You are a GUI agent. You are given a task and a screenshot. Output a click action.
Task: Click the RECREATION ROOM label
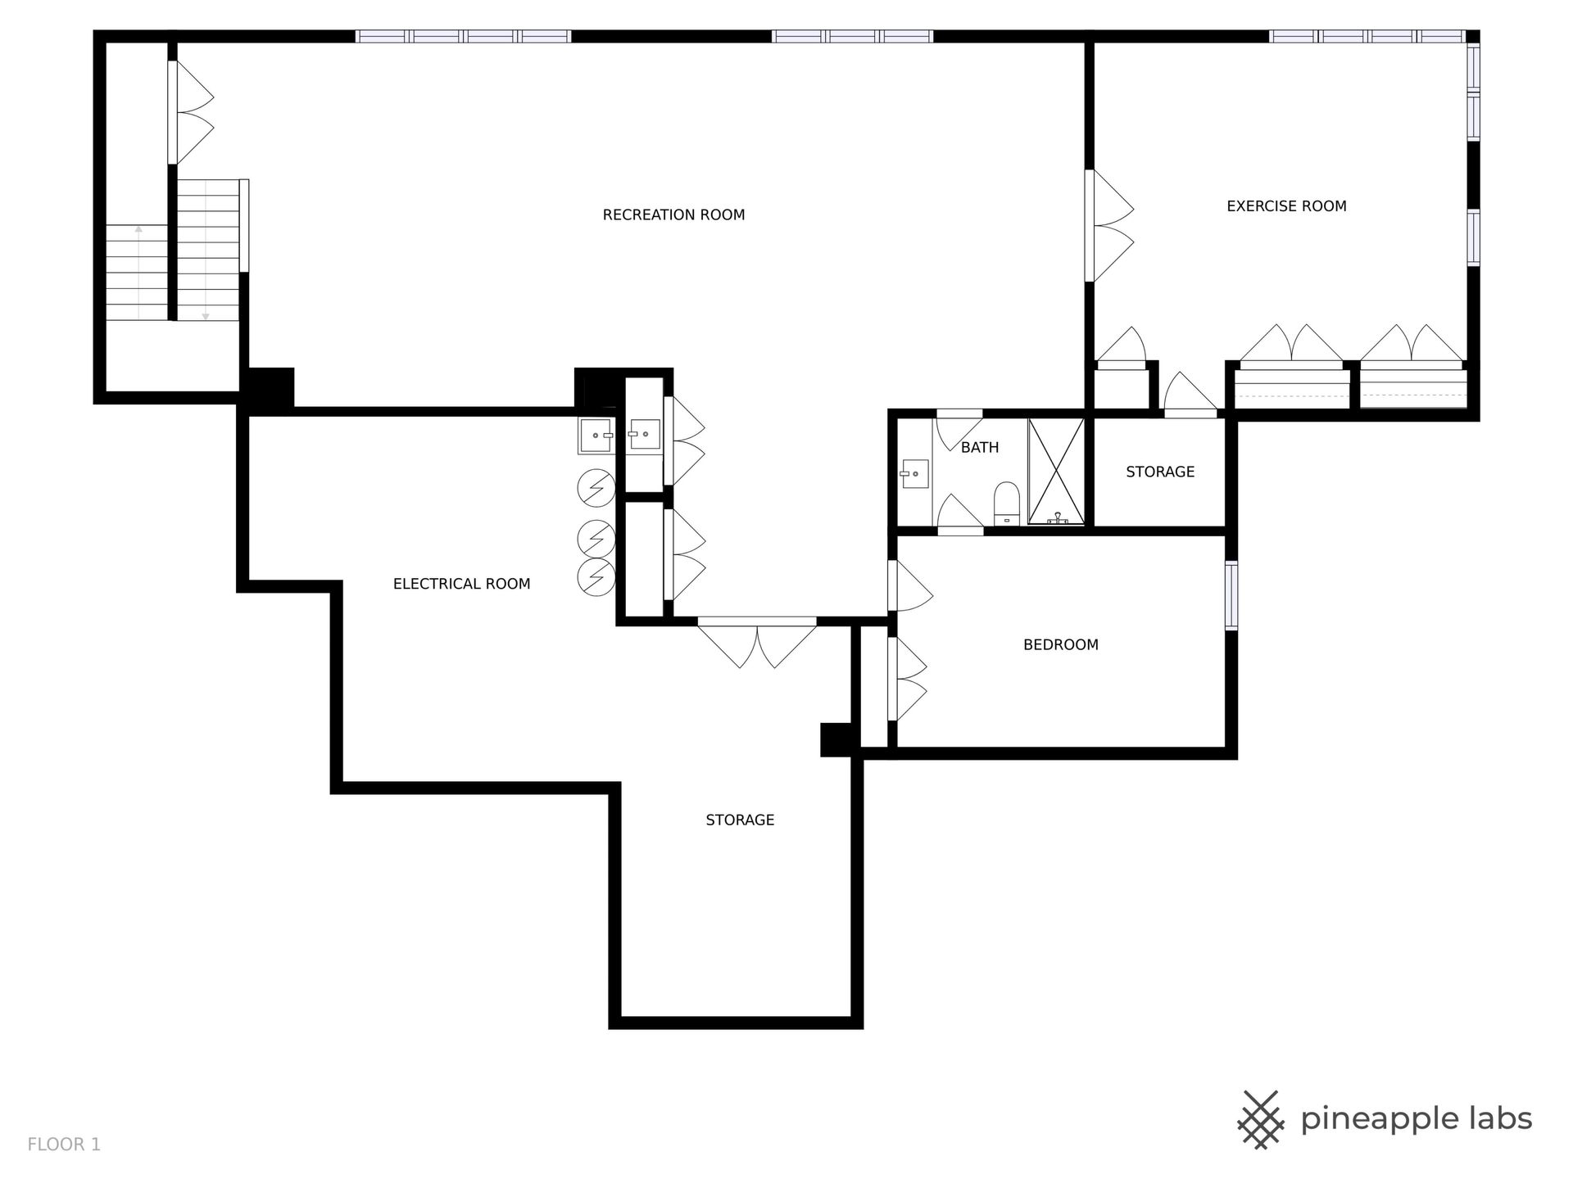pos(673,215)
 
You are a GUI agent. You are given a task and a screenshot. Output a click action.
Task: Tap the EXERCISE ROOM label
pos(1286,206)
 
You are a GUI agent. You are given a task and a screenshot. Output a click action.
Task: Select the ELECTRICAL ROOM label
pos(461,584)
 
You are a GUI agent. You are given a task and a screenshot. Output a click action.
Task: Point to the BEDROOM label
pos(1061,645)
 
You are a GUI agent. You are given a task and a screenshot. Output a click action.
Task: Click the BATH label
pos(980,448)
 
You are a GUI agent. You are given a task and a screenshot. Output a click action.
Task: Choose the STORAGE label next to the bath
pos(1160,472)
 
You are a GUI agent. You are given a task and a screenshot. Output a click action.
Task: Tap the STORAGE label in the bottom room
pos(740,820)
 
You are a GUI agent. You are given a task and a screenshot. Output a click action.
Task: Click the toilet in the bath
pos(1006,503)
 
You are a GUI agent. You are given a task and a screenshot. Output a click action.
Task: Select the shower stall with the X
pos(1056,472)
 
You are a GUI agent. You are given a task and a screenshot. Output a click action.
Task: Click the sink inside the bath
pos(914,473)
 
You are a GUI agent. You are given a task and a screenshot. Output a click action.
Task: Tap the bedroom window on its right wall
pos(1231,596)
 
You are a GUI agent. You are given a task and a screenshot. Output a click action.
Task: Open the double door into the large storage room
pos(757,642)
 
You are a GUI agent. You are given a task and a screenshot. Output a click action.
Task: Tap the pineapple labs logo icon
pos(1261,1118)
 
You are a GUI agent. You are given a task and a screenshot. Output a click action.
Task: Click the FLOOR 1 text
pos(64,1145)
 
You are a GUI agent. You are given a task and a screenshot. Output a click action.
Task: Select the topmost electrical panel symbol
pos(596,489)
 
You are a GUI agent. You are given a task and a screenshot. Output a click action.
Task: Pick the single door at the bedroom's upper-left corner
pos(911,585)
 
